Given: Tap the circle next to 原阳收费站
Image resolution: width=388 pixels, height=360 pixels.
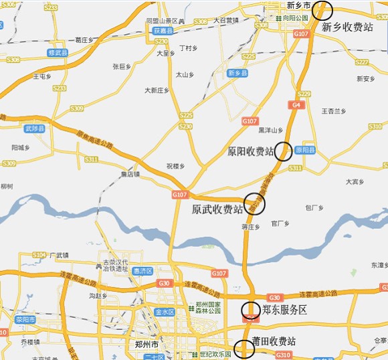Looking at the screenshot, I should tap(284, 151).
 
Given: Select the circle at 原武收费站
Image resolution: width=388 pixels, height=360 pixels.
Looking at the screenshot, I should tap(254, 203).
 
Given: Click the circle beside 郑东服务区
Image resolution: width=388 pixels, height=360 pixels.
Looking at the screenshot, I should tap(251, 310).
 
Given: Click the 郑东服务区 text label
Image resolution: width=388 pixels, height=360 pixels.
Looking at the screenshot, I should tap(284, 310).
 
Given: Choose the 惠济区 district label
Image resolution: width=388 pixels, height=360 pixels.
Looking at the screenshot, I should tap(143, 271).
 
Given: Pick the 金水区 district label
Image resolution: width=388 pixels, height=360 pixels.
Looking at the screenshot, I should tap(164, 312).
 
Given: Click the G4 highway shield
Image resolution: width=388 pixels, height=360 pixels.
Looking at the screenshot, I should tap(296, 105).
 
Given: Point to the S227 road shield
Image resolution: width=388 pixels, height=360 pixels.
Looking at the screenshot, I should tap(362, 62).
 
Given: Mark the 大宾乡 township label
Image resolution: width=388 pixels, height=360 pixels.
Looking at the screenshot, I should tap(355, 181).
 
